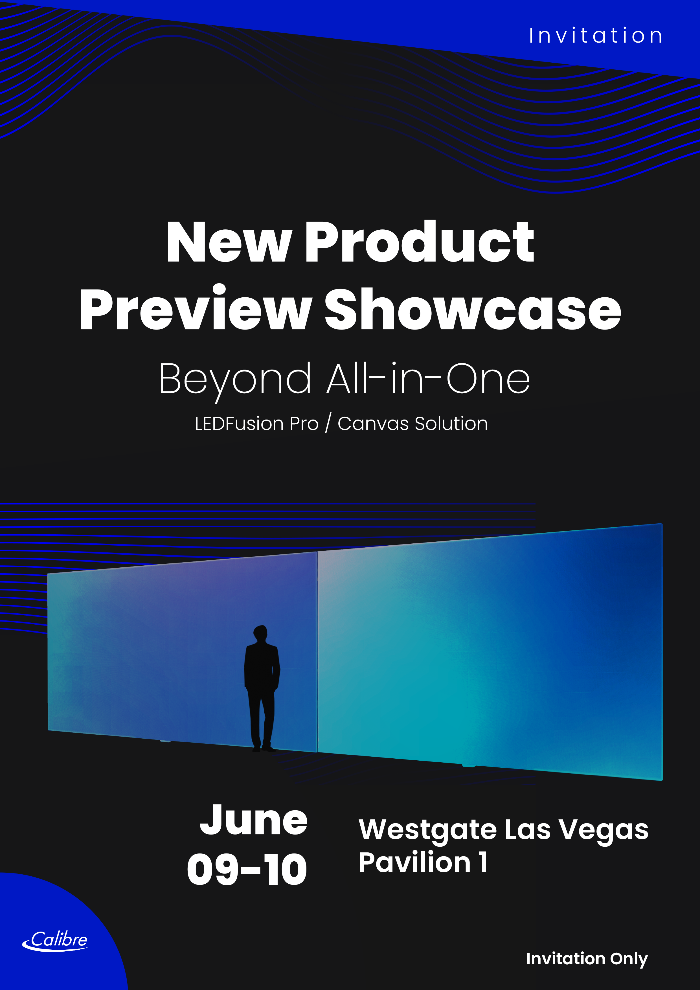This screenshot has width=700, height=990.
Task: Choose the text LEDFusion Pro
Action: click(x=257, y=423)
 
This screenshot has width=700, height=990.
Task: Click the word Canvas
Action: click(x=373, y=423)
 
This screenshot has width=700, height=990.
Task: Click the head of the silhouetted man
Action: click(x=260, y=633)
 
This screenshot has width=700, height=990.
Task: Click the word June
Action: click(x=254, y=820)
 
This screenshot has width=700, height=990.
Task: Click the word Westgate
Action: click(x=428, y=830)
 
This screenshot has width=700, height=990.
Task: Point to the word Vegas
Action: click(x=604, y=830)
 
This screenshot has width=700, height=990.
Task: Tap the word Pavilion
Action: click(x=414, y=862)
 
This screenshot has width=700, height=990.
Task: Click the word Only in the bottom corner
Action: click(x=629, y=959)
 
